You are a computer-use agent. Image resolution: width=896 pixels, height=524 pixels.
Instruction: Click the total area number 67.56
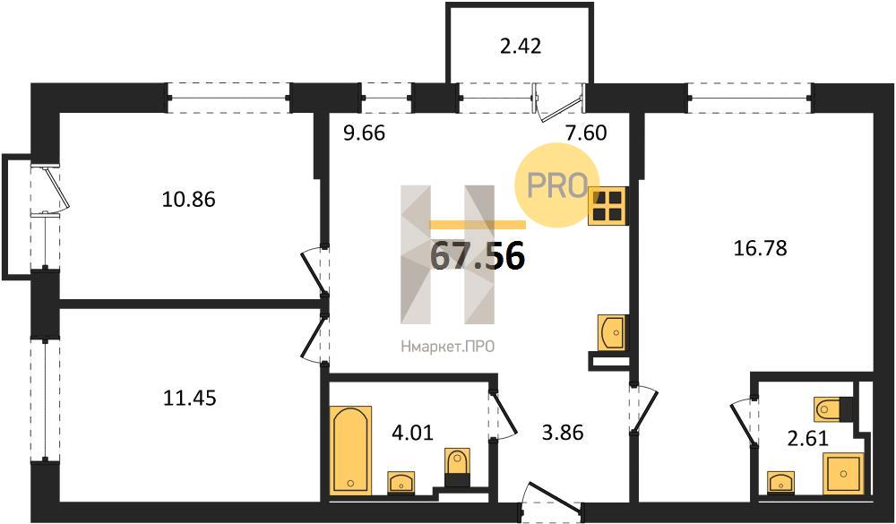pyautogui.click(x=478, y=256)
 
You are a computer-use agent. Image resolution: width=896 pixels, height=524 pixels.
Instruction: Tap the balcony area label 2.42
pyautogui.click(x=520, y=46)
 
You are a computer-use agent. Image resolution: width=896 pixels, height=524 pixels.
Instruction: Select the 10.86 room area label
pyautogui.click(x=189, y=200)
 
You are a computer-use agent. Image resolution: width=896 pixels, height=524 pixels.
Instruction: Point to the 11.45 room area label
pyautogui.click(x=190, y=397)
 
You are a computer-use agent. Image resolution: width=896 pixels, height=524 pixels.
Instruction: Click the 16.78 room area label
pyautogui.click(x=761, y=248)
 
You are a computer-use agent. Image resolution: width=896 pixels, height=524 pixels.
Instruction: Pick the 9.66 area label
pyautogui.click(x=365, y=133)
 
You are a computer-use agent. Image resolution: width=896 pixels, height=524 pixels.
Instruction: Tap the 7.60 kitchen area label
pyautogui.click(x=585, y=133)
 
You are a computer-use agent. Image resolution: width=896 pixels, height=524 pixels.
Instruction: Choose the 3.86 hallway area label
pyautogui.click(x=563, y=433)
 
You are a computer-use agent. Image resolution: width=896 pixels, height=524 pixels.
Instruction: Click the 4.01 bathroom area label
pyautogui.click(x=412, y=432)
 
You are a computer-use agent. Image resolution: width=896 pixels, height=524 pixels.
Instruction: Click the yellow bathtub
pyautogui.click(x=351, y=450)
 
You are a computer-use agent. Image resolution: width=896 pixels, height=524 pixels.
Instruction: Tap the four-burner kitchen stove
pyautogui.click(x=607, y=206)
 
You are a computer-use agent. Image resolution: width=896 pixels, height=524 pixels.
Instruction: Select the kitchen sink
pyautogui.click(x=612, y=332)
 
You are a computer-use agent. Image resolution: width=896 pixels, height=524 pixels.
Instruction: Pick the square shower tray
pyautogui.click(x=843, y=473)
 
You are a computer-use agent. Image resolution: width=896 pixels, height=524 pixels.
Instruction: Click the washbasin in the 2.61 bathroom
pyautogui.click(x=780, y=481)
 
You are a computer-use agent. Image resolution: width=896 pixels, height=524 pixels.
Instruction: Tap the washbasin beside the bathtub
pyautogui.click(x=401, y=482)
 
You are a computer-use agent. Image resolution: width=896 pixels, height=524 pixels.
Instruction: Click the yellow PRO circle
pyautogui.click(x=557, y=185)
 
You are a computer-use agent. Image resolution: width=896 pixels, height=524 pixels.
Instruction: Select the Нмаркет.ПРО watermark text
pyautogui.click(x=447, y=346)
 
